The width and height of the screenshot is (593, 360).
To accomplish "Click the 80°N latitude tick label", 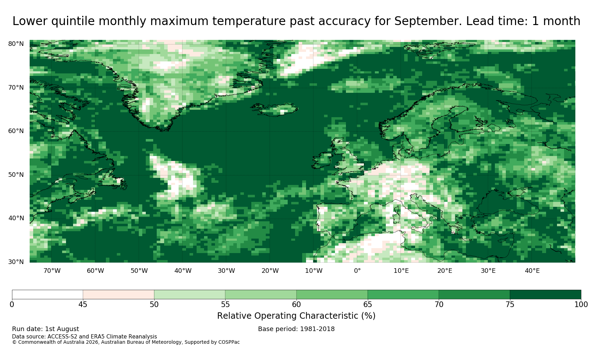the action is coord(16,44).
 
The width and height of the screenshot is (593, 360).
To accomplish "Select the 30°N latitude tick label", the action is coord(16,262).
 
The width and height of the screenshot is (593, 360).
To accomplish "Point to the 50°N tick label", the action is coord(16,175).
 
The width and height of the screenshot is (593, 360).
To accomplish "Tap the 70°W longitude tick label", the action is coord(52,271).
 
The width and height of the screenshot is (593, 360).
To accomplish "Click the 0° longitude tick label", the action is coord(357,271).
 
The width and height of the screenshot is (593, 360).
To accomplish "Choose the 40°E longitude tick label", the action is coord(532,271).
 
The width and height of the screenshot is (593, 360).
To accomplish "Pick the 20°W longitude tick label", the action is coord(270,271).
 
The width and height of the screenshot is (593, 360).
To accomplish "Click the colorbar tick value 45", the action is coord(83,305).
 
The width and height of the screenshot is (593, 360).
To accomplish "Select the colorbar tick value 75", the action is coord(510,305).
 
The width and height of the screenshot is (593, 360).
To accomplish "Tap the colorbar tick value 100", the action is coord(581,305).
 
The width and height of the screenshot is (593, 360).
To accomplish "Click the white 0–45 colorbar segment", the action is coord(47,295).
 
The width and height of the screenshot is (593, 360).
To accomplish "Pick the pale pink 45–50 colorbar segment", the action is coord(119,295).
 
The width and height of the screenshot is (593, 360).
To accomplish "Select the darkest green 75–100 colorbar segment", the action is coord(545,295).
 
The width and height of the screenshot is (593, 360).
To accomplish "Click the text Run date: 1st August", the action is coord(46,329).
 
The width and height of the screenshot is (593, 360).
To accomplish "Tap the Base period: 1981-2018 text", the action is coord(296,329).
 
